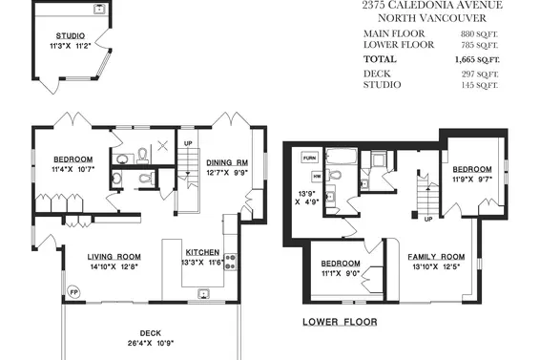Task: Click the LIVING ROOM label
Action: pos(114,257)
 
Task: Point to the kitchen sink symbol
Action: pos(203,293)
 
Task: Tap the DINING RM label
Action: pos(227,162)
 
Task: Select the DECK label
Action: pos(151,334)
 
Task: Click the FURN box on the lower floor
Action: pos(309,157)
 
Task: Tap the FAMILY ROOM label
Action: pos(435,257)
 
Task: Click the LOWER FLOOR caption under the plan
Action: pos(339,322)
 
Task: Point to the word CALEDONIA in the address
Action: pos(441,6)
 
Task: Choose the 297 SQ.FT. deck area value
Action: pos(483,74)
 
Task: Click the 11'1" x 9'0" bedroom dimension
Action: pos(340,274)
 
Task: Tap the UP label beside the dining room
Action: pos(188,145)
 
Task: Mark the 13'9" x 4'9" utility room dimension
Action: pos(306,197)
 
